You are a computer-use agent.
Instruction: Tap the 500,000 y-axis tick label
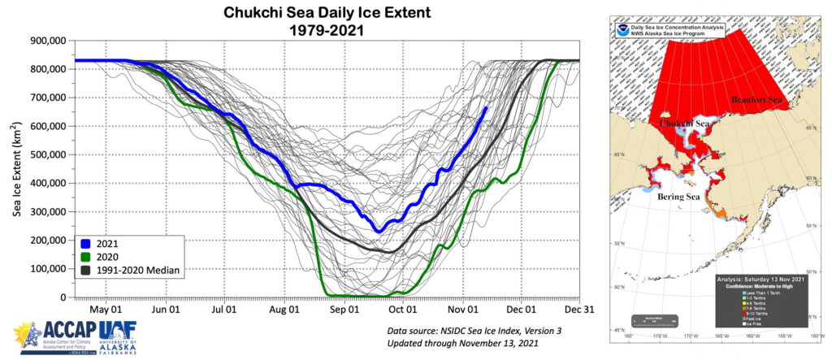[x=44, y=154]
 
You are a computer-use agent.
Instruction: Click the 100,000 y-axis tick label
[x=44, y=269]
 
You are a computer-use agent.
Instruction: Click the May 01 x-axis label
[x=106, y=309]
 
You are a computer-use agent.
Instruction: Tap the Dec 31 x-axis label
[x=578, y=309]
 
